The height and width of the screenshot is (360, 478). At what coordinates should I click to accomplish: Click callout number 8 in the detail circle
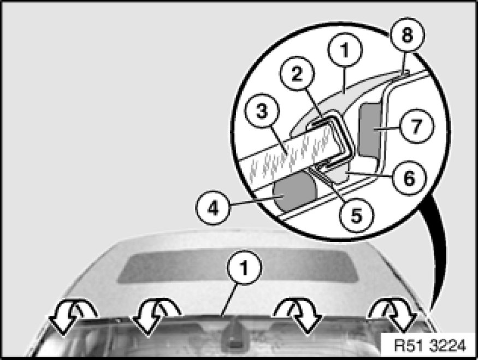tap(408, 35)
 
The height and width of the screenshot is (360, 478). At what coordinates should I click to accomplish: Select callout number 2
tap(297, 74)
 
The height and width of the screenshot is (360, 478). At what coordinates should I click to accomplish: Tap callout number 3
tap(262, 111)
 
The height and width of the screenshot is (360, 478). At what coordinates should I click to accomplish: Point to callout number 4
tap(213, 209)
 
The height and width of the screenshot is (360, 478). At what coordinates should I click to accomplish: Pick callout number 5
tap(356, 215)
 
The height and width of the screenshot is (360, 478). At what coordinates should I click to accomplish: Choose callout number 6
tap(409, 178)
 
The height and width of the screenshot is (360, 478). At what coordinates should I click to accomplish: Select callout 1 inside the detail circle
tap(345, 50)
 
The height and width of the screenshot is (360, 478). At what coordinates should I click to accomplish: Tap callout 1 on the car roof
tap(244, 267)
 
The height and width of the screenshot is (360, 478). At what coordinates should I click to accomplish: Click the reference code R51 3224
tap(430, 346)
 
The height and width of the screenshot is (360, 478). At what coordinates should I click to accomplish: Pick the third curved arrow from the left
tap(299, 316)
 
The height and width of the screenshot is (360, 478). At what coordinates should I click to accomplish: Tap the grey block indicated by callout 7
tap(370, 129)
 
